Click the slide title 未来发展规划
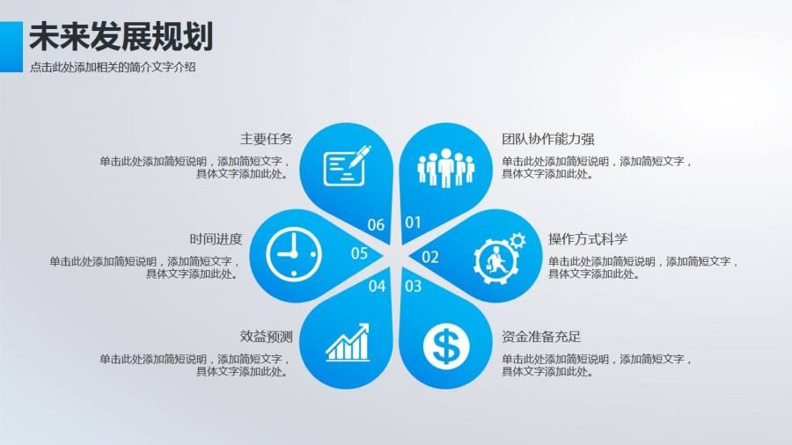[x=121, y=36]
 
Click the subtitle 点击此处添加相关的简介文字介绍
[x=113, y=67]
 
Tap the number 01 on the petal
[x=413, y=222]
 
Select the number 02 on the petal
[x=430, y=257]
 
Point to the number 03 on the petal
[x=413, y=286]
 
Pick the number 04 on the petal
[x=377, y=286]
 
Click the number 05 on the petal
[x=359, y=254]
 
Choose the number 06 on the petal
[x=376, y=225]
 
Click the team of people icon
[x=445, y=167]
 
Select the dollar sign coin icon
[x=445, y=346]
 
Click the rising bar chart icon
[x=347, y=343]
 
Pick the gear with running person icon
[x=498, y=256]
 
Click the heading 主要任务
[x=266, y=139]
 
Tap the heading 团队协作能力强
[x=548, y=139]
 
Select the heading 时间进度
[x=216, y=239]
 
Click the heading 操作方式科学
[x=588, y=239]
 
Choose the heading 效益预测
[x=266, y=337]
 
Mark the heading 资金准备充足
[x=541, y=337]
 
